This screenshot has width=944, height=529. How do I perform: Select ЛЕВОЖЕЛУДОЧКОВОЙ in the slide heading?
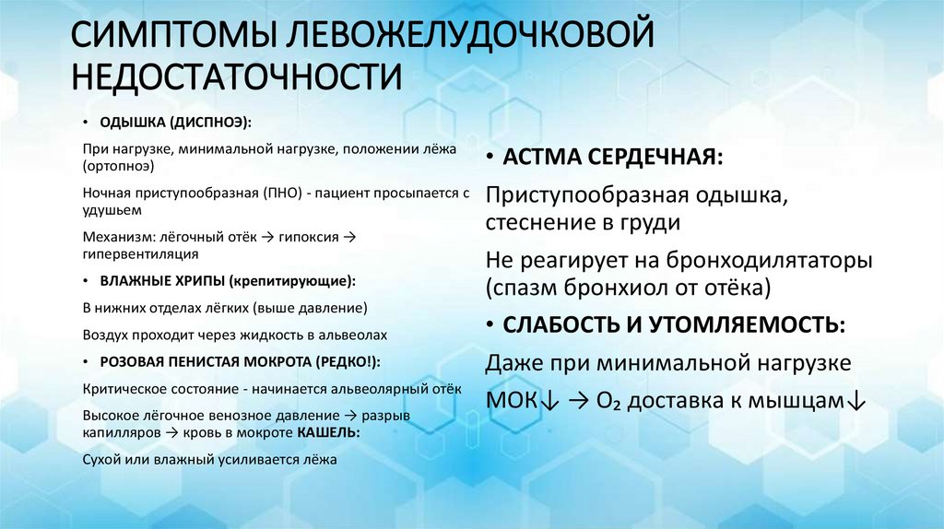point(471,38)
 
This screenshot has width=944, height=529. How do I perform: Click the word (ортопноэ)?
point(118,167)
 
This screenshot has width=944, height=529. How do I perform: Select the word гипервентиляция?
point(140,253)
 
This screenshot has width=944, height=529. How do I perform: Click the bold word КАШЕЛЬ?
point(329,432)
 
